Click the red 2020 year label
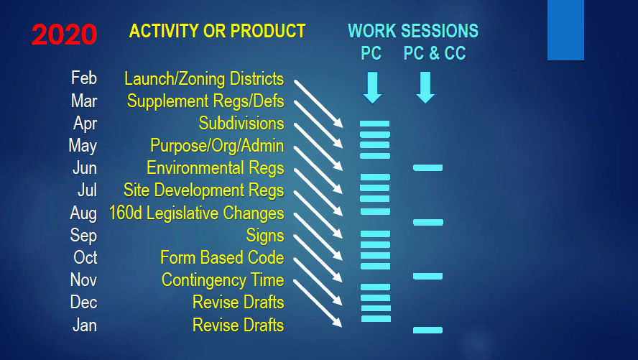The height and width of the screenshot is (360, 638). click(x=64, y=34)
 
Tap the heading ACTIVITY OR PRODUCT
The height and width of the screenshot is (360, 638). click(x=217, y=31)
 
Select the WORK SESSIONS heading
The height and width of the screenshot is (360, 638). click(x=413, y=31)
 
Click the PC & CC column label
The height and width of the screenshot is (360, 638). click(x=435, y=53)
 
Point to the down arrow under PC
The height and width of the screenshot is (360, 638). click(x=372, y=88)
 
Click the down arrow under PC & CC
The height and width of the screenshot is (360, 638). click(x=425, y=88)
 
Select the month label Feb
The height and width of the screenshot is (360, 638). click(x=84, y=78)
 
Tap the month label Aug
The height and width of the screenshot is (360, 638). click(x=83, y=213)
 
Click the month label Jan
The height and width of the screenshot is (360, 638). click(x=85, y=325)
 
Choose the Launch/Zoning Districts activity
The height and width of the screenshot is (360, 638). click(x=204, y=79)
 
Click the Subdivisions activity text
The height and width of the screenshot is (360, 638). click(x=241, y=124)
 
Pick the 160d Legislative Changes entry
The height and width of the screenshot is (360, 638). click(x=197, y=213)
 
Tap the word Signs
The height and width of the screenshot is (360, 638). click(x=265, y=236)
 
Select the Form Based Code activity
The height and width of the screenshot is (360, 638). click(x=222, y=257)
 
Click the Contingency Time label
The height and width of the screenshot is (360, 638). click(x=223, y=280)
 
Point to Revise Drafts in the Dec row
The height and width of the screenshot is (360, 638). click(x=238, y=303)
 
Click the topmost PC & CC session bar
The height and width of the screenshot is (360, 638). click(x=427, y=167)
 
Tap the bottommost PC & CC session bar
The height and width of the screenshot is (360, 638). click(x=427, y=330)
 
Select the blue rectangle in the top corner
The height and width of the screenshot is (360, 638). click(x=565, y=30)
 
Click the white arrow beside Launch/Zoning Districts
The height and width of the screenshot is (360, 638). click(x=318, y=103)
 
